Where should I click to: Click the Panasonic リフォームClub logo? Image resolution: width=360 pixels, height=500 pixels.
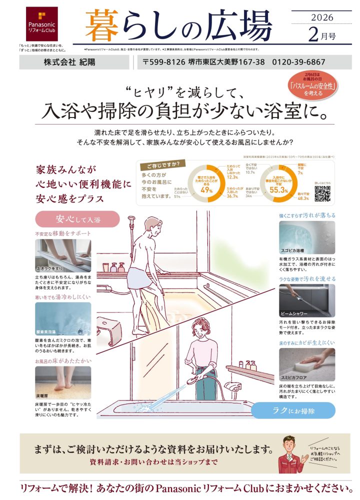click(42, 24)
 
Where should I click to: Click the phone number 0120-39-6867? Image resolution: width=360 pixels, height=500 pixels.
click(298, 62)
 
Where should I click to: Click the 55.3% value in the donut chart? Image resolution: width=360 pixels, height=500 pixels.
click(278, 190)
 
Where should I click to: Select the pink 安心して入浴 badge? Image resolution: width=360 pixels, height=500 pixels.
click(77, 219)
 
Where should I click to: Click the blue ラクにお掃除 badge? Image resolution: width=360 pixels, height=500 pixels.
click(293, 410)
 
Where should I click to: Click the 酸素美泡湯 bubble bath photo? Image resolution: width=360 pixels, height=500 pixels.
click(63, 318)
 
